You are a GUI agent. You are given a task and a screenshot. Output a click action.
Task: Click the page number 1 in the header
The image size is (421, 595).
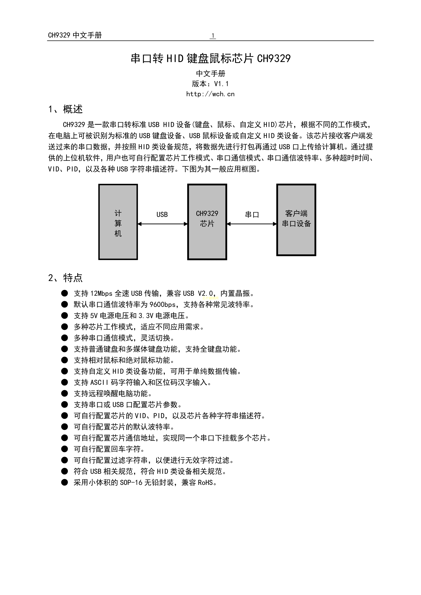tap(213, 35)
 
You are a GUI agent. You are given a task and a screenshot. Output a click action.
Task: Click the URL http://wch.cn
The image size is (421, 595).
tap(210, 94)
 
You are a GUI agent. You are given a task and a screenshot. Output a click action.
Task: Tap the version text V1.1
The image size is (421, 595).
tap(221, 84)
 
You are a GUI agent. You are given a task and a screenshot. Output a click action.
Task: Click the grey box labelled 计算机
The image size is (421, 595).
tap(118, 222)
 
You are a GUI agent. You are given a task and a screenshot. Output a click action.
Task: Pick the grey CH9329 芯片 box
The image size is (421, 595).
tap(207, 222)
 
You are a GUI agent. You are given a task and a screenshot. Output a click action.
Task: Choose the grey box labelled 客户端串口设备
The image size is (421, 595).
tap(296, 220)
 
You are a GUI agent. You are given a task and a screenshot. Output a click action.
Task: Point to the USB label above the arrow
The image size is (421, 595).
tap(162, 215)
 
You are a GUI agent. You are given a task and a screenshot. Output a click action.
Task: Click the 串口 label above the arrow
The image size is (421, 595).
tap(252, 215)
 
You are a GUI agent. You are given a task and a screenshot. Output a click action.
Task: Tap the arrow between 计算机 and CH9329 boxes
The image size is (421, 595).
tap(163, 224)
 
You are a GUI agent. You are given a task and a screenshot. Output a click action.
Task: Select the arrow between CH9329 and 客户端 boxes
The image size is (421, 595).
tap(252, 224)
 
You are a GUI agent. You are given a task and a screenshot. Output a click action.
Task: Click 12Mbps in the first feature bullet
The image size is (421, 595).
tap(101, 293)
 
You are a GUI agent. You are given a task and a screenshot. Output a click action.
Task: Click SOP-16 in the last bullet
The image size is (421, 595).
tap(131, 483)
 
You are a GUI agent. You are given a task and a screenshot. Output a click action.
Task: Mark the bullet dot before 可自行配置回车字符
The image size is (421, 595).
tap(64, 449)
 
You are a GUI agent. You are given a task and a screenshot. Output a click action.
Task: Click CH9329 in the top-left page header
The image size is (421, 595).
tap(59, 35)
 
